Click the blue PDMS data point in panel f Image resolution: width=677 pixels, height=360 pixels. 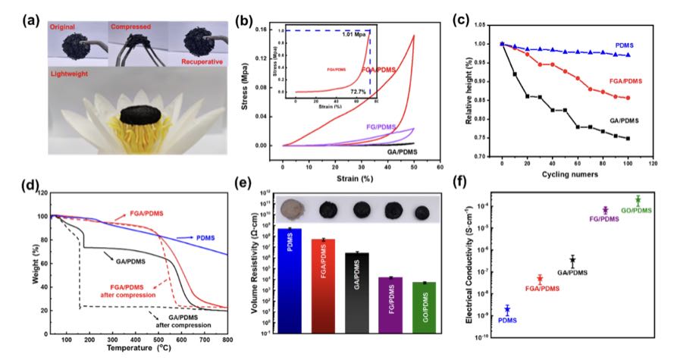click(507, 309)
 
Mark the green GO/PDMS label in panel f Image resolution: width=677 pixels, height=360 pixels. click(649, 210)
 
